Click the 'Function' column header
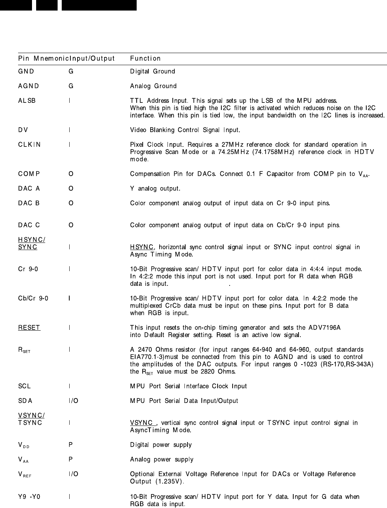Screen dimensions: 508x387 click(145, 58)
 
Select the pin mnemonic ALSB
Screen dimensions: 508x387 click(27, 101)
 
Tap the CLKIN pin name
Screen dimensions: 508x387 click(29, 145)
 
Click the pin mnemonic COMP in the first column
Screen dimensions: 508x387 click(29, 174)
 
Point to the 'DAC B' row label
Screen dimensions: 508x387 click(29, 203)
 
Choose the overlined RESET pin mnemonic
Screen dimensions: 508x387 click(29, 328)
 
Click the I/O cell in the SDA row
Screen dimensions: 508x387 click(73, 401)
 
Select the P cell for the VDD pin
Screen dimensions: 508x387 click(71, 445)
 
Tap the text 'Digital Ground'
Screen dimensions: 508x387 click(152, 71)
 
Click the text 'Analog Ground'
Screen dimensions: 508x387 click(153, 86)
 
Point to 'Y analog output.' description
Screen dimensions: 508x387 click(155, 189)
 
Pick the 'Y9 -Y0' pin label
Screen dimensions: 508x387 click(29, 497)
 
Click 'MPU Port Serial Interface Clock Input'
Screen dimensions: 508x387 click(188, 386)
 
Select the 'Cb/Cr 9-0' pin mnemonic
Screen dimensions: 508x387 click(33, 299)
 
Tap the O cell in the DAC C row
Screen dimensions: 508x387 click(71, 225)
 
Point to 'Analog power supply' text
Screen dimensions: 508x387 click(162, 459)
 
